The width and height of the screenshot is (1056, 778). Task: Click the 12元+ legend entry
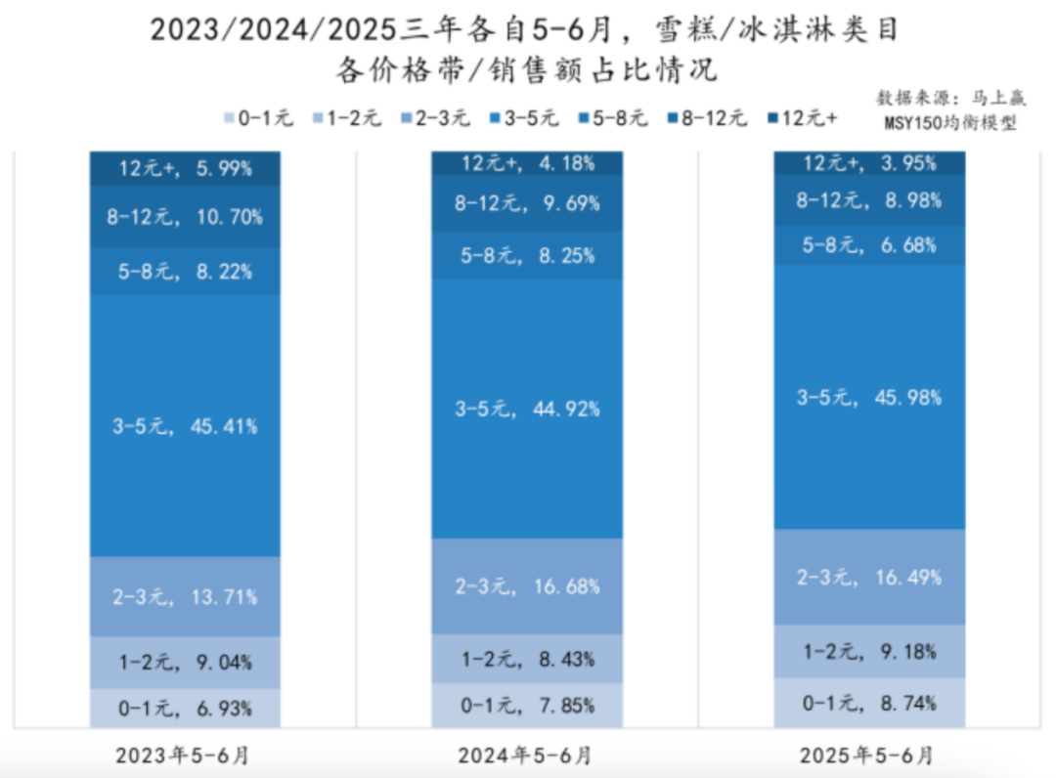[x=802, y=118]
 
